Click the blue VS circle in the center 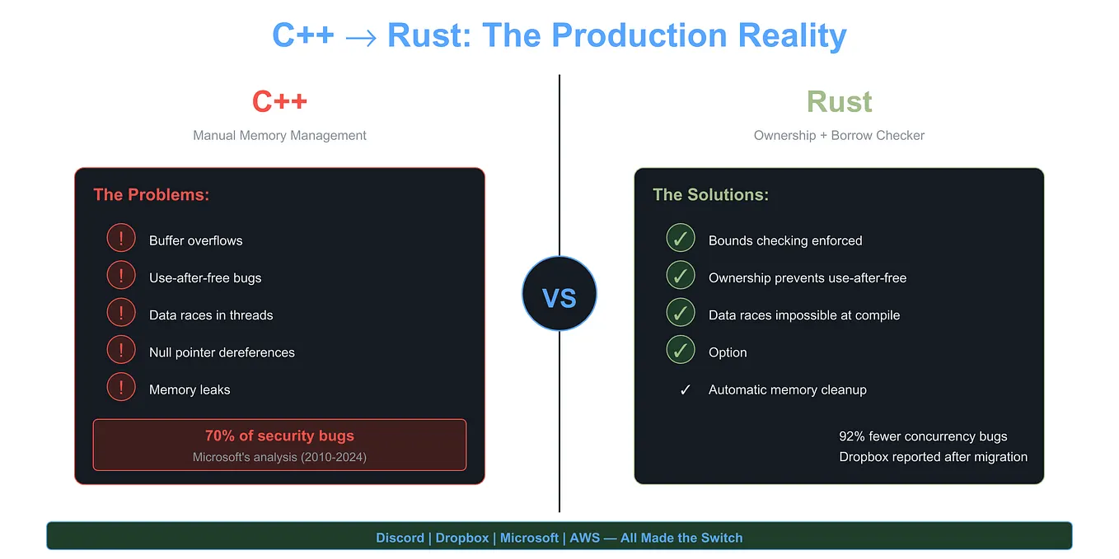pos(559,295)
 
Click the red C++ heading pos(279,102)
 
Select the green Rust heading pos(839,102)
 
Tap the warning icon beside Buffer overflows pos(121,240)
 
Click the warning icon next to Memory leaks pos(121,389)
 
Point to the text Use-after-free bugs pos(205,278)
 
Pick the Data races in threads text pos(211,315)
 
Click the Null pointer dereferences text pos(222,352)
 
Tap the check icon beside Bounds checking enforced pos(681,240)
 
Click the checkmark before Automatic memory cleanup pos(685,390)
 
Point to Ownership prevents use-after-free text pos(808,278)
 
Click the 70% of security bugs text pos(279,436)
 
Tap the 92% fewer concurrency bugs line pos(923,436)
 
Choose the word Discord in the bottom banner pos(400,538)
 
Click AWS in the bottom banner pos(585,538)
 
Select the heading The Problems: pos(152,195)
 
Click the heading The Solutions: pos(710,195)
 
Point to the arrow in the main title pos(360,37)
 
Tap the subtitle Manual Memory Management pos(279,135)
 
